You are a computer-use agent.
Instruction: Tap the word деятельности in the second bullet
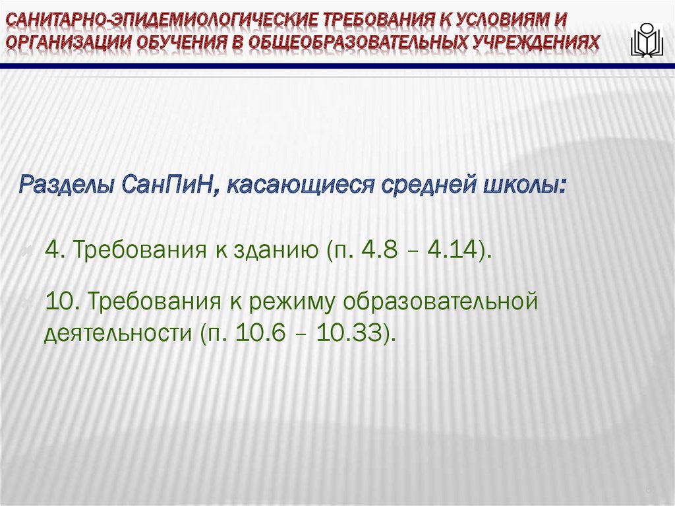click(x=116, y=332)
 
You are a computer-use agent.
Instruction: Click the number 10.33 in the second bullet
click(x=350, y=332)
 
